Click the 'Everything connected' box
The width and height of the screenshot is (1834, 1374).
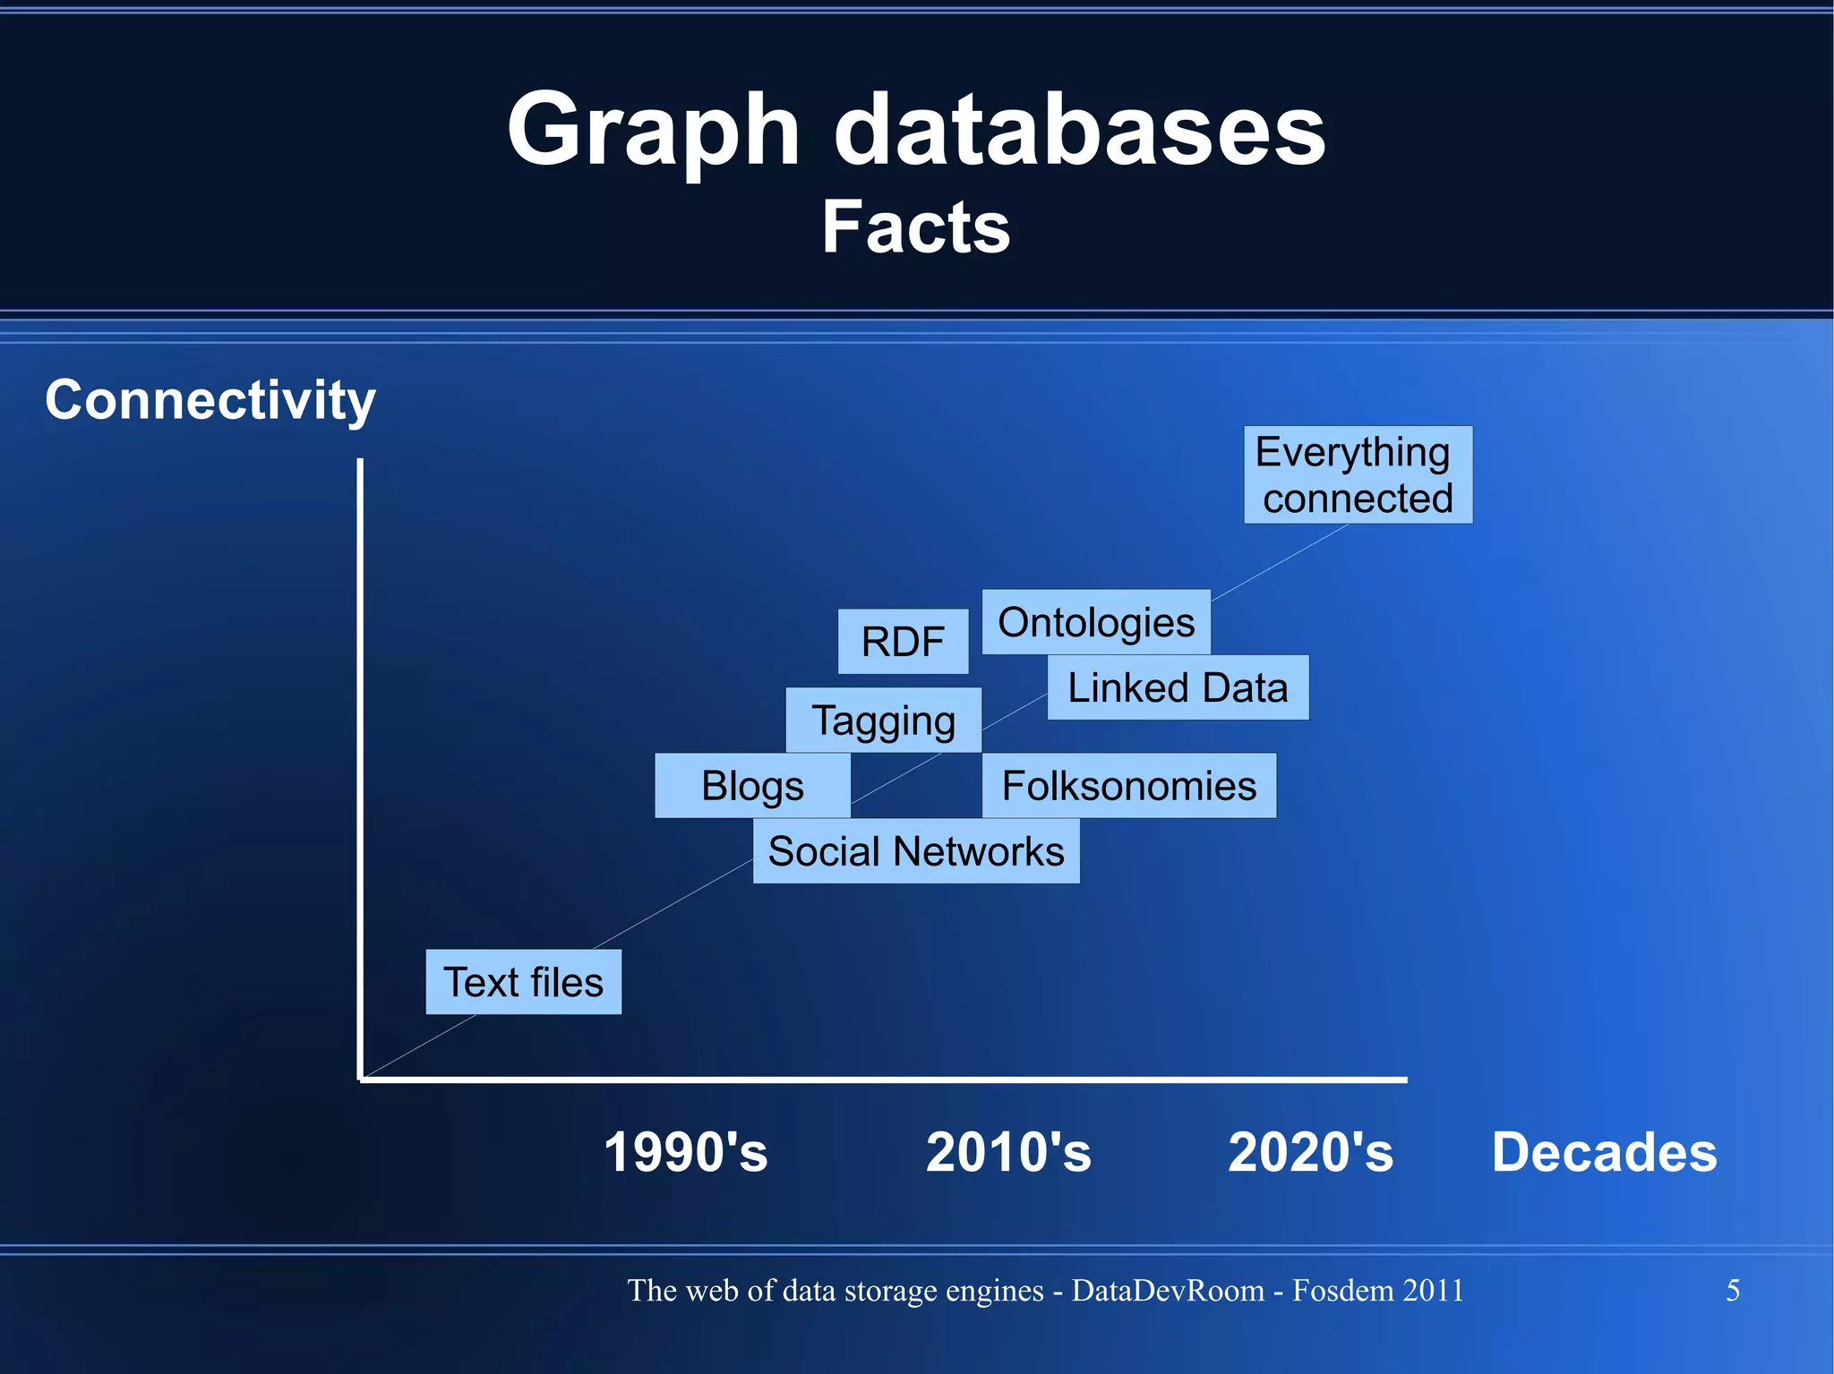pyautogui.click(x=1358, y=474)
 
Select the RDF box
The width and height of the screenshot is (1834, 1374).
pyautogui.click(x=903, y=641)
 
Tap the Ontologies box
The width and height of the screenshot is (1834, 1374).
pyautogui.click(x=1096, y=621)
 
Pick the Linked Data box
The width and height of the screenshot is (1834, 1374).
pyautogui.click(x=1178, y=687)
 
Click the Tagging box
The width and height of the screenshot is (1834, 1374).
pyautogui.click(x=883, y=720)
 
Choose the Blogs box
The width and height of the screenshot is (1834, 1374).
pyautogui.click(x=752, y=785)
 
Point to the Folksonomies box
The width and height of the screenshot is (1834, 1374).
pyautogui.click(x=1128, y=785)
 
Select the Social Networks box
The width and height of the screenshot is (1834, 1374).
pyautogui.click(x=916, y=850)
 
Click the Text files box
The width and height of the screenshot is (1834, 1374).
pyautogui.click(x=523, y=982)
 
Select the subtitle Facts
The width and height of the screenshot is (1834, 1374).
pyautogui.click(x=916, y=227)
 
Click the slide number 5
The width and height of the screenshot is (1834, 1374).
pyautogui.click(x=1733, y=1290)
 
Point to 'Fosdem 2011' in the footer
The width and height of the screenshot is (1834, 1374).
pyautogui.click(x=1377, y=1290)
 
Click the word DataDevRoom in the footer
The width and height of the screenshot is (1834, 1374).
pyautogui.click(x=1168, y=1290)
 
